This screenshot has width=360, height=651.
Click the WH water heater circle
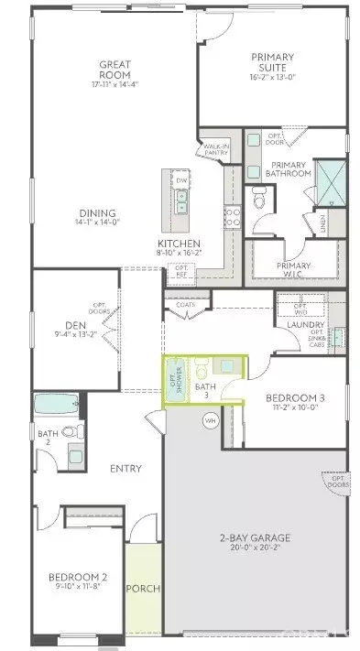[210, 421]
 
